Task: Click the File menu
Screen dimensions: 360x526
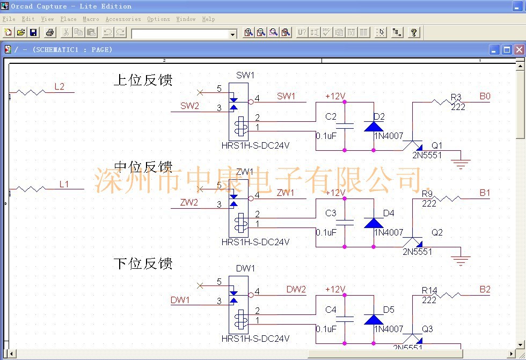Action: pyautogui.click(x=9, y=19)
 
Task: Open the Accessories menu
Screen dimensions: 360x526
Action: pyautogui.click(x=123, y=19)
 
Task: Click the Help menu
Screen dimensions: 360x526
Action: pyautogui.click(x=208, y=19)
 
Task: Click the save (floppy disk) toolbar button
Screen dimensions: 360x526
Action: pyautogui.click(x=33, y=32)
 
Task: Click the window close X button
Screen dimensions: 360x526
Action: pyautogui.click(x=518, y=50)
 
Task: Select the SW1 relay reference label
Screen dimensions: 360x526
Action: pyautogui.click(x=245, y=75)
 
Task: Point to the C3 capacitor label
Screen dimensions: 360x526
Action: pyautogui.click(x=331, y=213)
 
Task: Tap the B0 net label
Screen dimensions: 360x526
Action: pyautogui.click(x=485, y=97)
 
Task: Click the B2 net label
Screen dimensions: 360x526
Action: pyautogui.click(x=485, y=289)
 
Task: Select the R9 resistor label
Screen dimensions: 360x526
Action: pyautogui.click(x=427, y=194)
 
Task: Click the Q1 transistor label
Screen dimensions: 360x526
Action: pyautogui.click(x=437, y=145)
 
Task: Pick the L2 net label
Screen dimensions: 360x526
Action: pyautogui.click(x=59, y=86)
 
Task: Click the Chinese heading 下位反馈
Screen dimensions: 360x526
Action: pyautogui.click(x=143, y=263)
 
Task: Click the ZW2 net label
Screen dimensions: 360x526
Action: pyautogui.click(x=189, y=202)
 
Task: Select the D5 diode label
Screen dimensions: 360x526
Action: pyautogui.click(x=389, y=310)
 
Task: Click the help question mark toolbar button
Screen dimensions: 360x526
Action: pyautogui.click(x=413, y=32)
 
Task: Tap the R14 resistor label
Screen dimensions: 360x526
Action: pyautogui.click(x=429, y=290)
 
